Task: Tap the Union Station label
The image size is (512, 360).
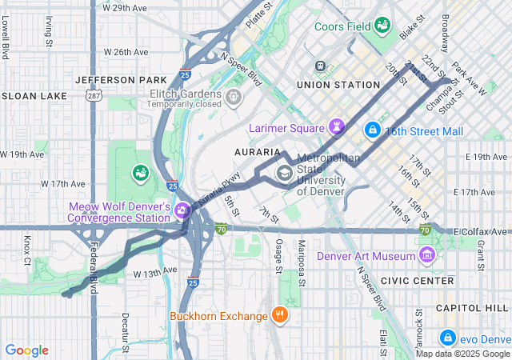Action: (x=338, y=84)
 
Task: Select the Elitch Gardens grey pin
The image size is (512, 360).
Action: (x=234, y=98)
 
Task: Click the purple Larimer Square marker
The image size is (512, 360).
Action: (x=338, y=127)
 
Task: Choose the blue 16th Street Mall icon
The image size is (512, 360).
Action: (x=372, y=129)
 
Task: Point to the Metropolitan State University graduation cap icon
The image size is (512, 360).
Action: (x=284, y=172)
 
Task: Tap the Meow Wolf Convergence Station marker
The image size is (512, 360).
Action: (x=182, y=211)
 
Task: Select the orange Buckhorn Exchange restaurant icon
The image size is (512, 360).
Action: (x=279, y=314)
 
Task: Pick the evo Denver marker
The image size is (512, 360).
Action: (x=448, y=338)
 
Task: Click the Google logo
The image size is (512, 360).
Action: (x=26, y=350)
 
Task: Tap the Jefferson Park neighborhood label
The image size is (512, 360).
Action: (x=121, y=80)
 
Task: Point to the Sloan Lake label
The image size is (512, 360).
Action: (x=34, y=95)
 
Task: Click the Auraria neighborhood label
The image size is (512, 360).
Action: (x=255, y=150)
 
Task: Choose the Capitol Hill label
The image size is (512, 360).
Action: (x=472, y=307)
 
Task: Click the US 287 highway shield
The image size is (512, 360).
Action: (x=94, y=96)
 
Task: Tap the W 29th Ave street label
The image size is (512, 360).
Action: (x=126, y=7)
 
